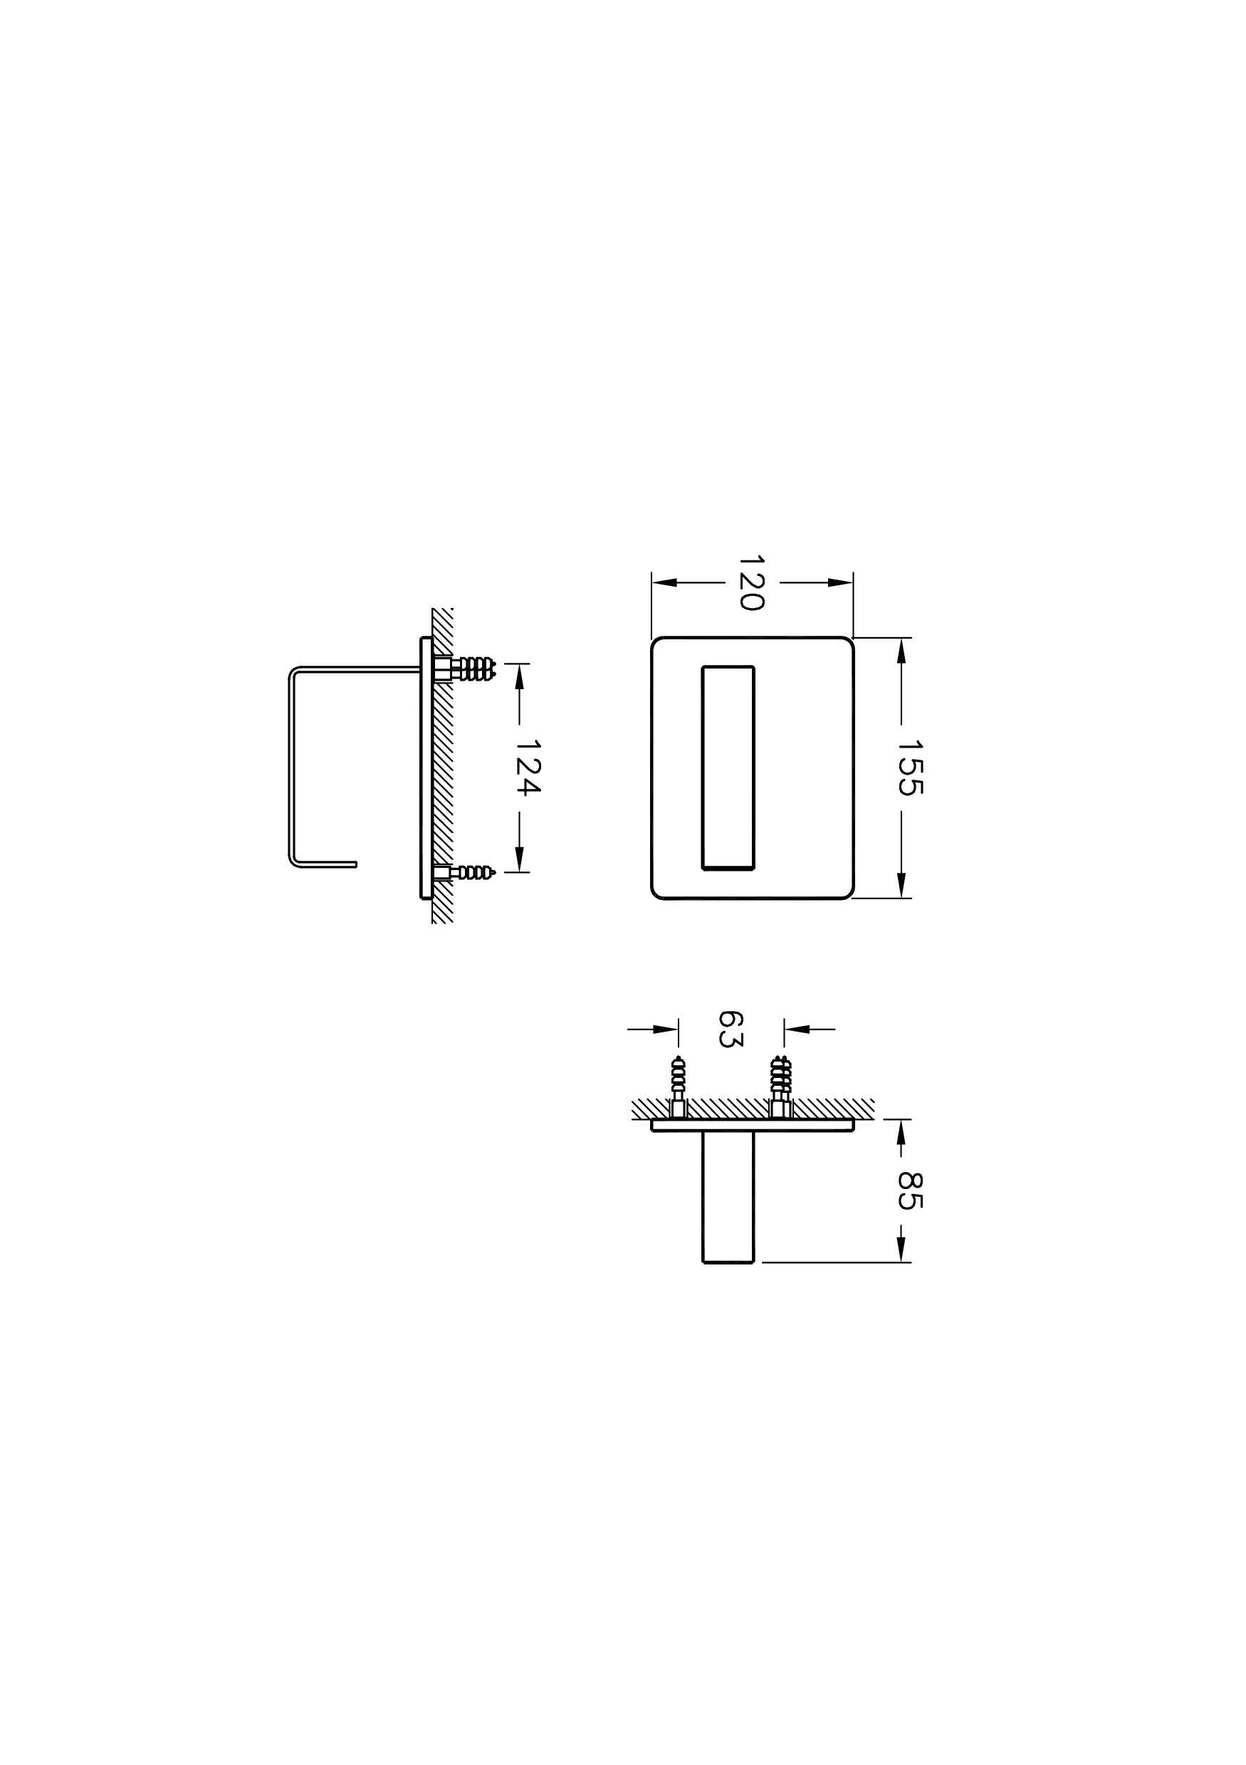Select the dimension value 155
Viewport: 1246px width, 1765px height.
pyautogui.click(x=910, y=768)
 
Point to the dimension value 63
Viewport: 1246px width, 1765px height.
pyautogui.click(x=731, y=1029)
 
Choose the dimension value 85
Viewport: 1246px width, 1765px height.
pyautogui.click(x=910, y=1190)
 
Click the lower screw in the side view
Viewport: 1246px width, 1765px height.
pyautogui.click(x=466, y=871)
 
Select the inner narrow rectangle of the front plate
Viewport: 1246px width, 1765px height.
pyautogui.click(x=728, y=768)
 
